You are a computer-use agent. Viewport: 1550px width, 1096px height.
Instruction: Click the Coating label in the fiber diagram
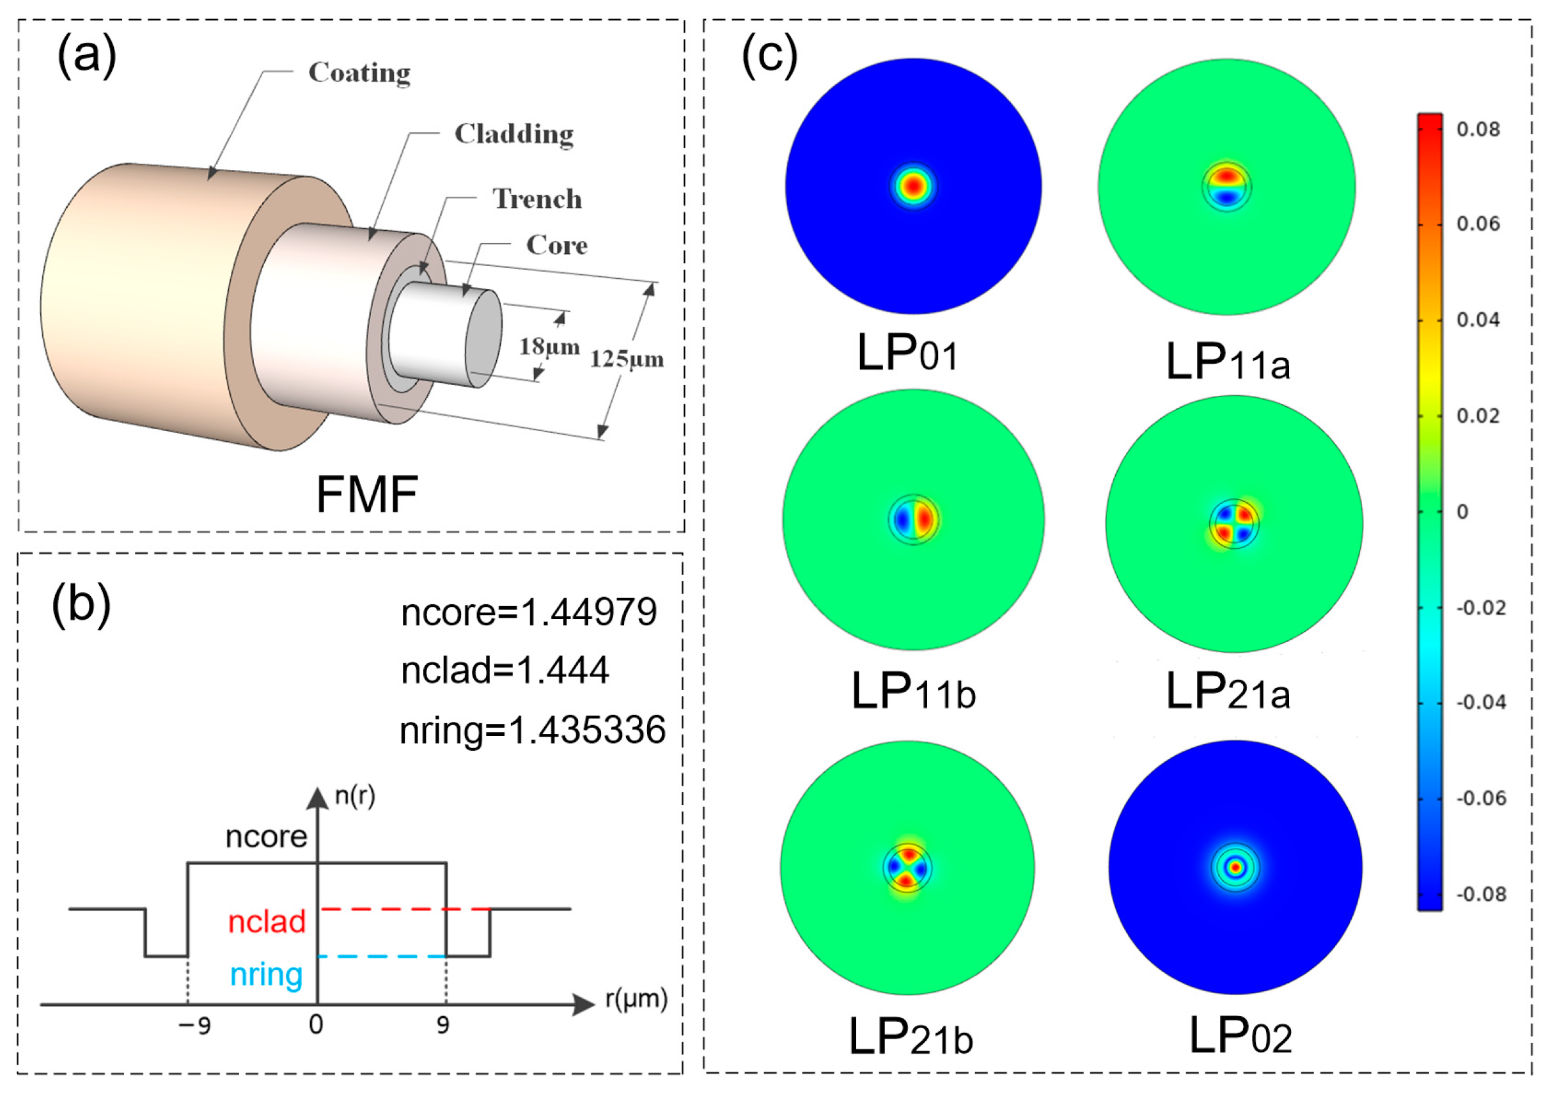[359, 73]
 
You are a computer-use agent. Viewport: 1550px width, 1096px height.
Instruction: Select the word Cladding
[513, 134]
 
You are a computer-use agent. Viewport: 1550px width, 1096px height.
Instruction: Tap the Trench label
[537, 200]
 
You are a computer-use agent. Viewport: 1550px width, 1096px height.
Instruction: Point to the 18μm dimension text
[549, 347]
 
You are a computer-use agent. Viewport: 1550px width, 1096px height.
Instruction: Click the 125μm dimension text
[627, 359]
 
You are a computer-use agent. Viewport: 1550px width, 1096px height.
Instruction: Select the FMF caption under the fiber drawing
[366, 495]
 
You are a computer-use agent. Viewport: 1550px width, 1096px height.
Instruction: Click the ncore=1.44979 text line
[529, 613]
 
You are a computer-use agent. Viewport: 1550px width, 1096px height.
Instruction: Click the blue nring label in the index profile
[266, 975]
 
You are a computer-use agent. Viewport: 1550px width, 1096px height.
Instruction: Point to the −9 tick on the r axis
[194, 1026]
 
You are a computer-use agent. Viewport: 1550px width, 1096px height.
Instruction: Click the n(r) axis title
[354, 797]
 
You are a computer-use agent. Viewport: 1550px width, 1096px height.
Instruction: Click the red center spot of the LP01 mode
[912, 185]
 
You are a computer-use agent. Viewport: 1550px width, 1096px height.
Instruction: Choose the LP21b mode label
[911, 1037]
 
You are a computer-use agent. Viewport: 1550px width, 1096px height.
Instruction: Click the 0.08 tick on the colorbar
[1478, 129]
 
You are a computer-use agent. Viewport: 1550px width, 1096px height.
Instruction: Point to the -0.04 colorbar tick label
[1480, 703]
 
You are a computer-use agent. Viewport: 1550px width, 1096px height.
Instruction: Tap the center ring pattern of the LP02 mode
[1235, 867]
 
